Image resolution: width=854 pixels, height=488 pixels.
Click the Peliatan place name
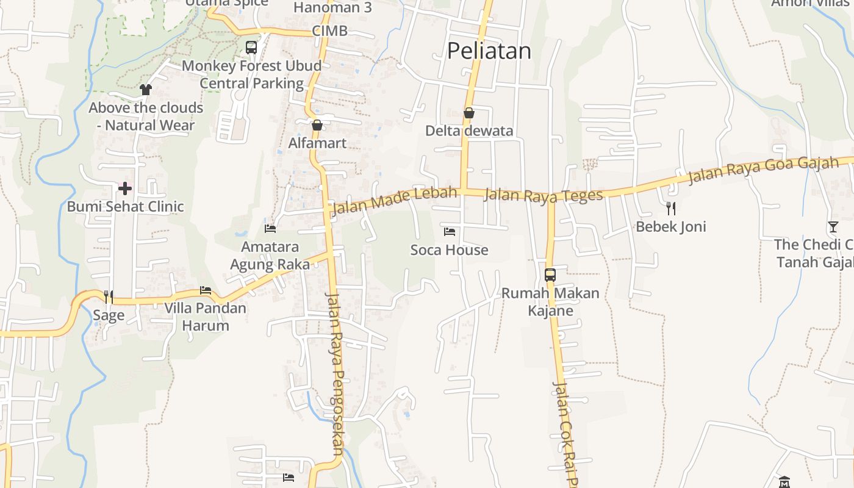[489, 51]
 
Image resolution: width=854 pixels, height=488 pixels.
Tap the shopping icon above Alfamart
[317, 125]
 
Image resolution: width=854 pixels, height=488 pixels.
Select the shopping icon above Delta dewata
[469, 113]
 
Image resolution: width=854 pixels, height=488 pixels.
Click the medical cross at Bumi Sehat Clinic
[125, 188]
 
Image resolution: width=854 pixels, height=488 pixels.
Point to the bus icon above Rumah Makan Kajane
[550, 274]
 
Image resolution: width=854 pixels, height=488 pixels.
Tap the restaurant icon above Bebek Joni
[671, 209]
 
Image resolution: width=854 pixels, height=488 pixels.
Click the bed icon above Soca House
[450, 232]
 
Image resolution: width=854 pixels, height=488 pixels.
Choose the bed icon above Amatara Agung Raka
[270, 229]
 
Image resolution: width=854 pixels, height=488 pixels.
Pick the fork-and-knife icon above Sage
[109, 297]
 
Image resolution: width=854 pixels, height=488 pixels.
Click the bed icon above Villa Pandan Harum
[206, 290]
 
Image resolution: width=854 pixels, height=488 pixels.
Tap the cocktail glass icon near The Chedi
[833, 227]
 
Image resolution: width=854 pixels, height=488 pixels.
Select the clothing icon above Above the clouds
[145, 90]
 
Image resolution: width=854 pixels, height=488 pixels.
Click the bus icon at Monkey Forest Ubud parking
[251, 48]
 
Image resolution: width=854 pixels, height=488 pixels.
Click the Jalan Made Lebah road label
[393, 201]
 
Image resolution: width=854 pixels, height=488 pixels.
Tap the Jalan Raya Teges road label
[543, 195]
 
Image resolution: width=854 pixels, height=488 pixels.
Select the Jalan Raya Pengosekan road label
[335, 373]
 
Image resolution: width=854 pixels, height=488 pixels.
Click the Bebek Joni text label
[671, 227]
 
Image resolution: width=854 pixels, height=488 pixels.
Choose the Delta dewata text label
[469, 131]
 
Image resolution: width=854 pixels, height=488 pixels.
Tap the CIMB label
[329, 31]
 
